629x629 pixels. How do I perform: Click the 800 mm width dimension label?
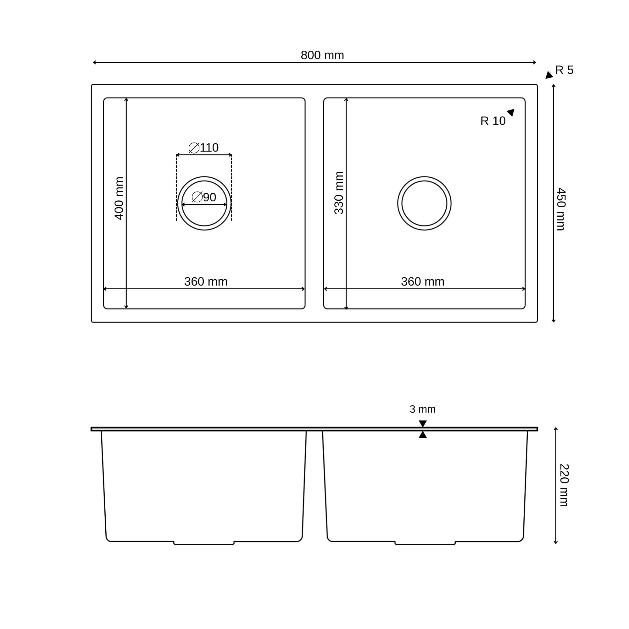tap(322, 55)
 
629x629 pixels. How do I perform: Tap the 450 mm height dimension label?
tap(561, 209)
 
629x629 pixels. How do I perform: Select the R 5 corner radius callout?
tap(564, 70)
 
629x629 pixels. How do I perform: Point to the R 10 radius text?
tap(493, 121)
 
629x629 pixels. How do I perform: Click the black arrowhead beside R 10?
tap(511, 112)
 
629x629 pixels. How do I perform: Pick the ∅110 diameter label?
tap(203, 148)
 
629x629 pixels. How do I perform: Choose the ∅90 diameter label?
tap(204, 197)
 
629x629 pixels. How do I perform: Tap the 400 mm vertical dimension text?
tap(119, 198)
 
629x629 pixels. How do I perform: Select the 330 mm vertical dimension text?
tap(339, 193)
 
